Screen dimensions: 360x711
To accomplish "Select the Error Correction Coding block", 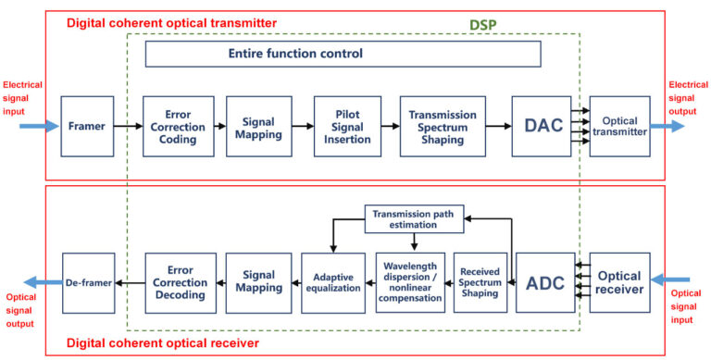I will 178,126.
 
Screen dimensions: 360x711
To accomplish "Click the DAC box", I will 542,126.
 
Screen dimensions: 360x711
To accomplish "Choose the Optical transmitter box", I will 619,126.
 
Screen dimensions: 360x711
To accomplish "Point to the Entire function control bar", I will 343,54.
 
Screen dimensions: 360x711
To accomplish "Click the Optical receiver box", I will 619,281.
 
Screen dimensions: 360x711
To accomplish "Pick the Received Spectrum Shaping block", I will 480,281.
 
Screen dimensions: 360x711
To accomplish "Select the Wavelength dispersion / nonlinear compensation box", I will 410,281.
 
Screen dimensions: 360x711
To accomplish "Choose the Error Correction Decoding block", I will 181,281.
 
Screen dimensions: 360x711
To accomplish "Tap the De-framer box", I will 88,281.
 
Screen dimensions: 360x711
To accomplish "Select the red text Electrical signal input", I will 21,95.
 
